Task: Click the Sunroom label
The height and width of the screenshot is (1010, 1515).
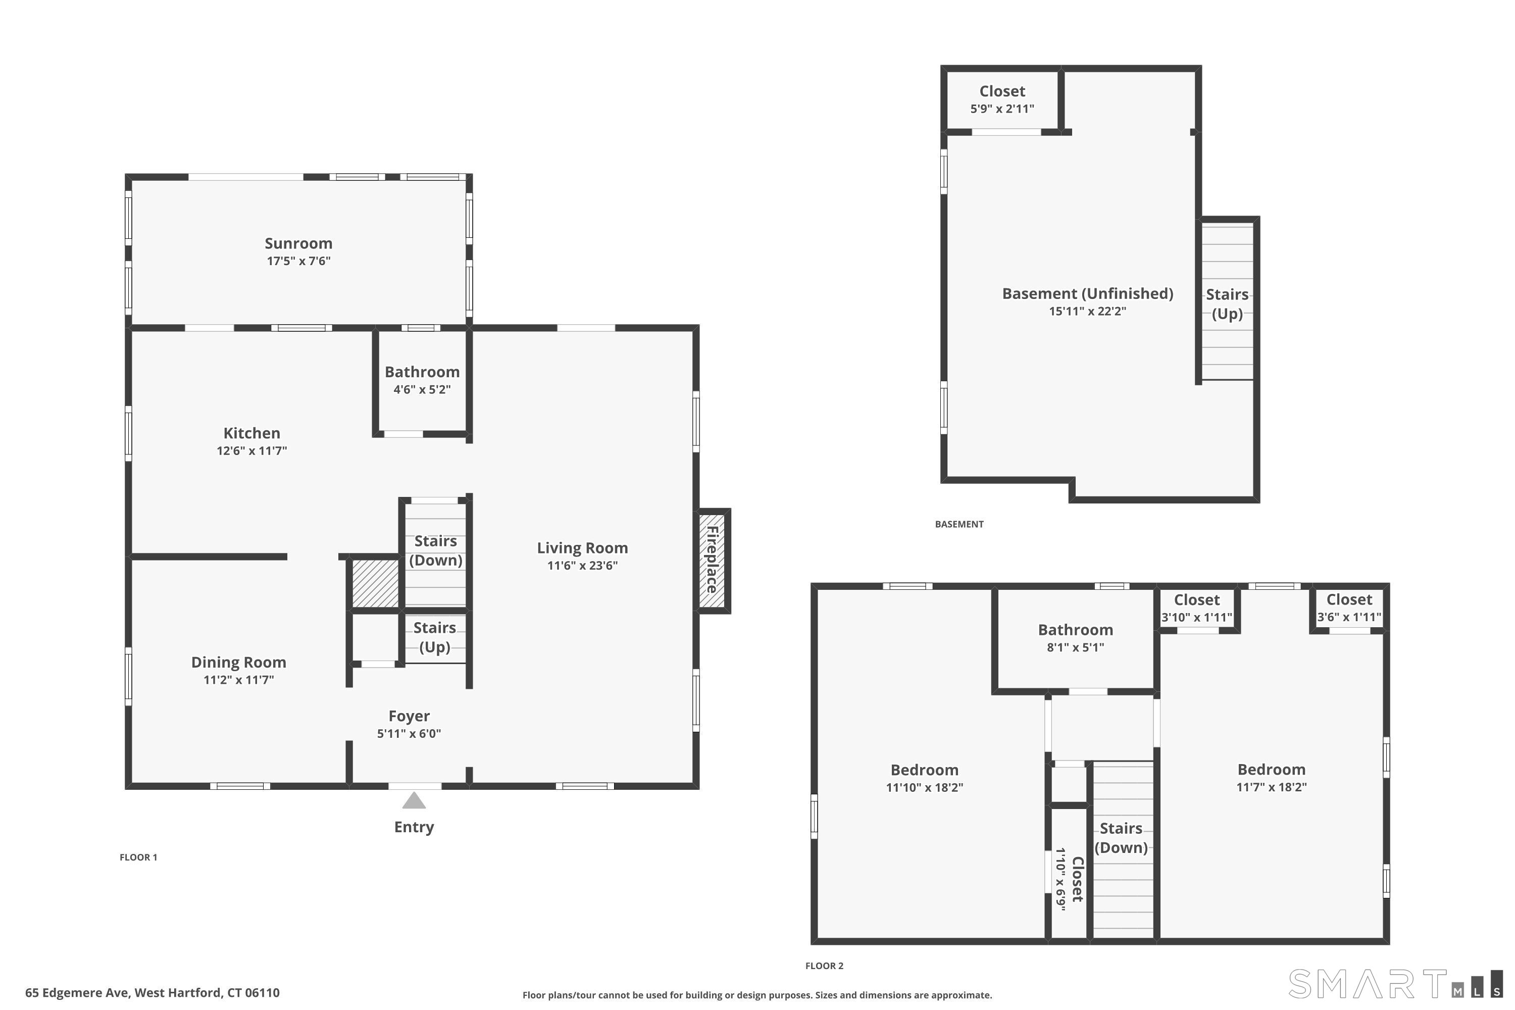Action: coord(298,243)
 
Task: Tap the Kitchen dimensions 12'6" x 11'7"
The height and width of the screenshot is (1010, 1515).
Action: coord(252,451)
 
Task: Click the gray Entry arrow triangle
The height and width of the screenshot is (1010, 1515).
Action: coord(414,800)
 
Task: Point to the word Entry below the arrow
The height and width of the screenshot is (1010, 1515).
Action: coord(414,827)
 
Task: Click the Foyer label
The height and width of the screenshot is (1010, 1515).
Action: coord(409,716)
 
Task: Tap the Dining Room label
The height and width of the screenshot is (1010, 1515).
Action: coord(238,662)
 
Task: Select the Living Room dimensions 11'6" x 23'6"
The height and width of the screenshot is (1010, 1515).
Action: coord(582,566)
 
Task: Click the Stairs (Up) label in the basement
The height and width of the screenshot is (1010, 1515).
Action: coord(1227,304)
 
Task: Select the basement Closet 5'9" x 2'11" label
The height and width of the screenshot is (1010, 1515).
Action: coord(1002,99)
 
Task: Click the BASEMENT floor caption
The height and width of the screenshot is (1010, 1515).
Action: coord(959,524)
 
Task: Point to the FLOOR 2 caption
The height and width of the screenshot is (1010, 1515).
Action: coord(824,966)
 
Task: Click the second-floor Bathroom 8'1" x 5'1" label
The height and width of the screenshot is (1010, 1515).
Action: coord(1075,638)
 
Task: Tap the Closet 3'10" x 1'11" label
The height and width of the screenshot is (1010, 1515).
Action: coord(1197,608)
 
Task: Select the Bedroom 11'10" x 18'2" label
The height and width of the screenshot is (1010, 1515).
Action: coord(924,778)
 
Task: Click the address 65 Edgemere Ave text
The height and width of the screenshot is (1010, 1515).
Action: coord(77,993)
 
